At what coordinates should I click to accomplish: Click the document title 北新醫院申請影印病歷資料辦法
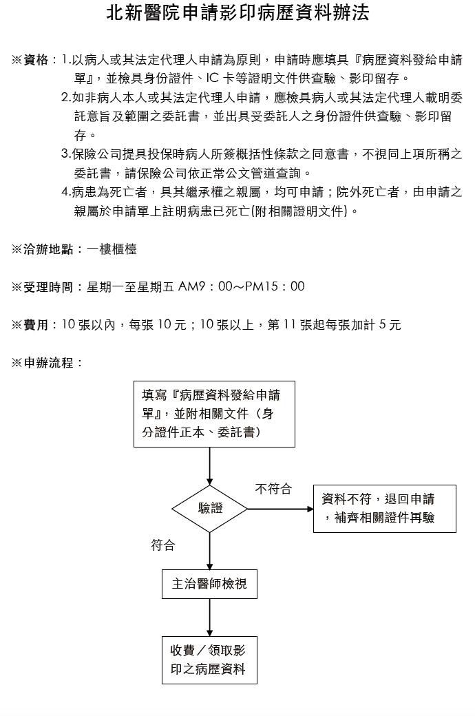tap(237, 14)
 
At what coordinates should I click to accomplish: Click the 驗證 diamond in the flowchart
tap(210, 508)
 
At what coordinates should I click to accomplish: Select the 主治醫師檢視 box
tap(210, 584)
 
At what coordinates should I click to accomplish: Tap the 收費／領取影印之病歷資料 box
tap(210, 660)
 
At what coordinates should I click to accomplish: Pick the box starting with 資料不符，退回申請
tap(385, 509)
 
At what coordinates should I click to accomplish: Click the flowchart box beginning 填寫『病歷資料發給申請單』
tap(214, 414)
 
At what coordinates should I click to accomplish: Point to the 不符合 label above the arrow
tap(273, 489)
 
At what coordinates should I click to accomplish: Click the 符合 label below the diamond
tap(163, 545)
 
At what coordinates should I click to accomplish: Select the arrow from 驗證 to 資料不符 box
tap(280, 509)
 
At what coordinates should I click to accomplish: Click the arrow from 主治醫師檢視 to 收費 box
tap(210, 618)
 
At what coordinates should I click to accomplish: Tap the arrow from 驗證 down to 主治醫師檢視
tap(210, 551)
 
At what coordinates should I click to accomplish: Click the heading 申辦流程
tap(48, 363)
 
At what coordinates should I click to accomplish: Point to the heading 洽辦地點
tap(48, 249)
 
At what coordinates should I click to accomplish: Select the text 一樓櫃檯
tap(112, 249)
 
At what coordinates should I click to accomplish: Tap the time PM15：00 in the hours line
tap(275, 287)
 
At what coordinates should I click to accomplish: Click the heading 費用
tap(36, 325)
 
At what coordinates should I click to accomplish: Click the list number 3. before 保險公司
tap(66, 154)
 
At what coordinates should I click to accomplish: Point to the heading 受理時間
tap(48, 287)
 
